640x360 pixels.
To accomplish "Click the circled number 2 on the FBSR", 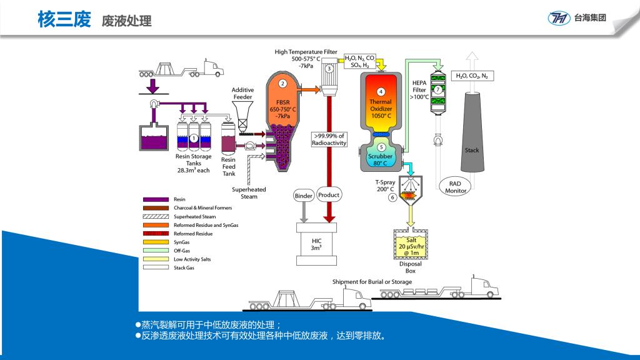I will (282, 83).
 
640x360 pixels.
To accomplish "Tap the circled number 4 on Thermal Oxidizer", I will (381, 91).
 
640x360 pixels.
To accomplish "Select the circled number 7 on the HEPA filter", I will (438, 89).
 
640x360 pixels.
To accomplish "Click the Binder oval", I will (304, 196).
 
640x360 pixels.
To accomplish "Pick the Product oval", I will (329, 195).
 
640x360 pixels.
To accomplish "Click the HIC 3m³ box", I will (316, 243).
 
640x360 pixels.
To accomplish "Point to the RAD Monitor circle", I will (456, 186).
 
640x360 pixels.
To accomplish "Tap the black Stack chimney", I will (472, 131).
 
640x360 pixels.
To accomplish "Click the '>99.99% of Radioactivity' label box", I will (329, 139).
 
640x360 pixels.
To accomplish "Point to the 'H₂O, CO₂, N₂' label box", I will (472, 76).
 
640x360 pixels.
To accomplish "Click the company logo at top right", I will (576, 17).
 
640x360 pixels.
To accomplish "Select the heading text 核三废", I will (64, 19).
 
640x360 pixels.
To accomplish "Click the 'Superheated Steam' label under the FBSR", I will (249, 192).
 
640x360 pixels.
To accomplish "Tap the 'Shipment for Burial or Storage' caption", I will (372, 282).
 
